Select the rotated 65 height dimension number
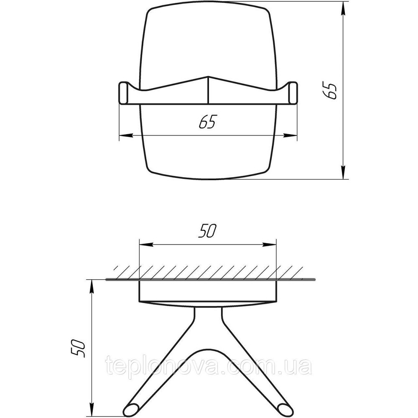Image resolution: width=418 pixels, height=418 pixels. pyautogui.click(x=331, y=91)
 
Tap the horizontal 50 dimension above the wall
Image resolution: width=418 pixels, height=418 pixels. pyautogui.click(x=207, y=231)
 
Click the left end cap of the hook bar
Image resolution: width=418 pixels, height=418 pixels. pyautogui.click(x=124, y=93)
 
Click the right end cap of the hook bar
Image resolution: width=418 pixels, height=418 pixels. pyautogui.click(x=293, y=93)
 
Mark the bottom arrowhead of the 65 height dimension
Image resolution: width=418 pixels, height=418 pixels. pyautogui.click(x=344, y=174)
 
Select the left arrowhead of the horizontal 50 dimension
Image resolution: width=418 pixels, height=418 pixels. pyautogui.click(x=144, y=245)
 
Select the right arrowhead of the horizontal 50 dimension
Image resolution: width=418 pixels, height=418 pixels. pyautogui.click(x=271, y=245)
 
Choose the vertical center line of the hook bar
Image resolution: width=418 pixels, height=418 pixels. pyautogui.click(x=208, y=90)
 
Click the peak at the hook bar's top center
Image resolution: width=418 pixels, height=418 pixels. pyautogui.click(x=208, y=77)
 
